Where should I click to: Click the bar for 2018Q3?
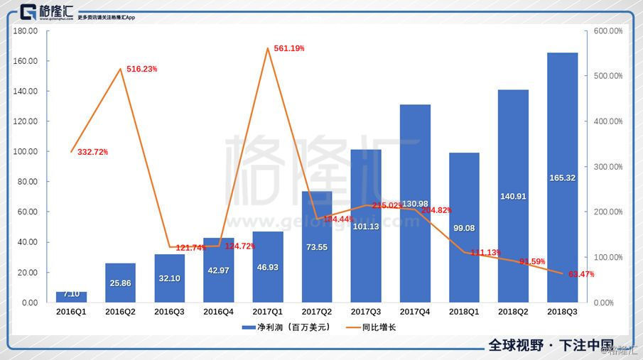pos(562,178)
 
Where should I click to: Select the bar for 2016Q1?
pos(72,297)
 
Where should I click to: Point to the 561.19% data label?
pos(289,48)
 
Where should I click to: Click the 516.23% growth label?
pos(141,69)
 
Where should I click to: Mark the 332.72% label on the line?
pos(92,153)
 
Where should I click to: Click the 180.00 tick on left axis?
pos(26,31)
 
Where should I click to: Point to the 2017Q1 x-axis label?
pos(268,312)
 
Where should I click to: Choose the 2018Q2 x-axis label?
pos(513,312)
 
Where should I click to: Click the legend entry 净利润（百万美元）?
pos(288,327)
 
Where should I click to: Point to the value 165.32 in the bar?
pos(562,178)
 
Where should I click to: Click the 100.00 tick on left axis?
pos(26,152)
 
